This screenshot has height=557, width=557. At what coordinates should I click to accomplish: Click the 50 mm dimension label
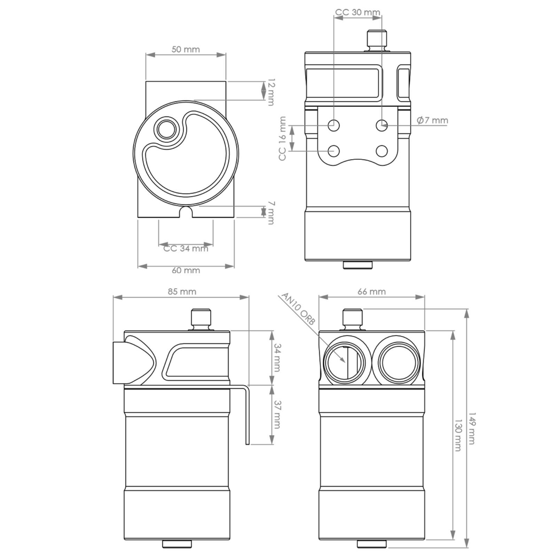[x=186, y=49]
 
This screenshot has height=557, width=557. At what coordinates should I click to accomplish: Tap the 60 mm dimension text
[x=186, y=270]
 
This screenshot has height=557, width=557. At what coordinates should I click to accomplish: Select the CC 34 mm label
[x=186, y=248]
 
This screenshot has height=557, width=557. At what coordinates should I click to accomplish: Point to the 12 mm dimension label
[x=270, y=92]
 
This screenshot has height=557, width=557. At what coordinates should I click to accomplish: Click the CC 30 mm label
[x=358, y=13]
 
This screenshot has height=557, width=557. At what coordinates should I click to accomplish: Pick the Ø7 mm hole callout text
[x=432, y=120]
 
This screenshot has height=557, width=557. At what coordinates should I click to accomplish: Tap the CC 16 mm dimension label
[x=282, y=138]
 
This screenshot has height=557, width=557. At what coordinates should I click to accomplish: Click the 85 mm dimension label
[x=182, y=291]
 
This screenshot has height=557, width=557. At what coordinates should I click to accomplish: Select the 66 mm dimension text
[x=372, y=291]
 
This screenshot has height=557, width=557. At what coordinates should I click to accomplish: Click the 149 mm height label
[x=471, y=429]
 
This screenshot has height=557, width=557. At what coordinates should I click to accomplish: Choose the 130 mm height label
[x=458, y=435]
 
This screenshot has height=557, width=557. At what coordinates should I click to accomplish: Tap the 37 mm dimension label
[x=277, y=415]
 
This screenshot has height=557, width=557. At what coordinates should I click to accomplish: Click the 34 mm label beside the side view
[x=277, y=358]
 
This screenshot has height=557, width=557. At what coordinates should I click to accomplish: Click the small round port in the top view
[x=166, y=130]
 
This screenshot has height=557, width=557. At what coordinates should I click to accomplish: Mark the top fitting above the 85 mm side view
[x=202, y=319]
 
